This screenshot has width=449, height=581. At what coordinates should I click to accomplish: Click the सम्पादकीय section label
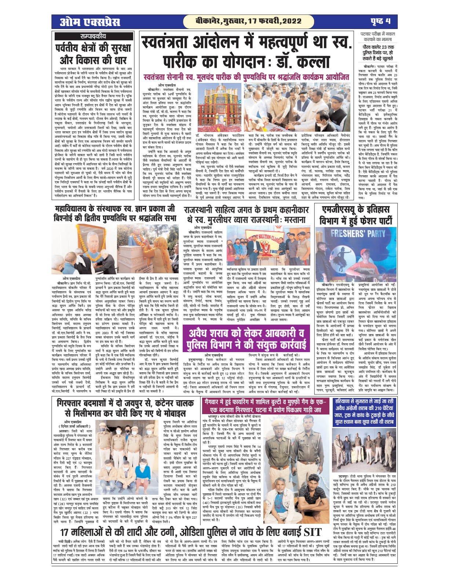[92, 36]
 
